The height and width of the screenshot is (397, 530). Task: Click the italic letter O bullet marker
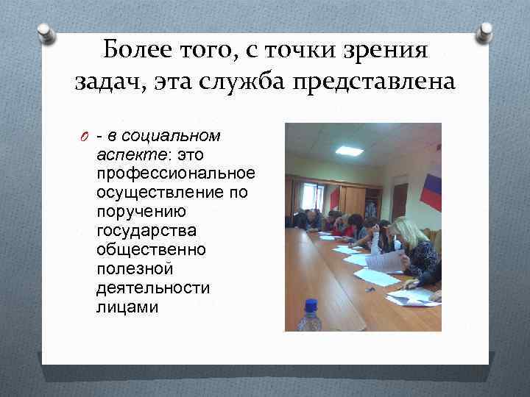pos(85,136)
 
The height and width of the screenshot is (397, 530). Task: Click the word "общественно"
pos(151,250)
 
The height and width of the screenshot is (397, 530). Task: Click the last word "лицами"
pos(127,307)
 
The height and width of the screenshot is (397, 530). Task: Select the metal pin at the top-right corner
pos(484,32)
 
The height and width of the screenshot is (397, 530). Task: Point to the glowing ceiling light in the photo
pos(348,151)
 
